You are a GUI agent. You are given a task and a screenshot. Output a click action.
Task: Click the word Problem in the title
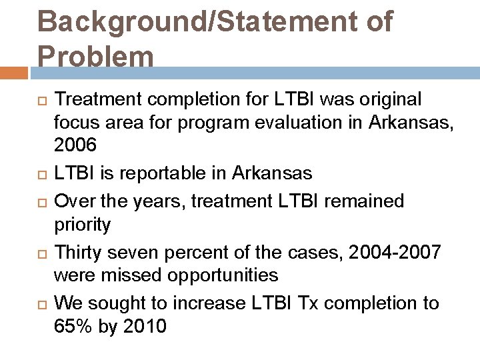pos(95,56)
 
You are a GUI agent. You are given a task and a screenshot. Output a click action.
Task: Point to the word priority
pos(82,225)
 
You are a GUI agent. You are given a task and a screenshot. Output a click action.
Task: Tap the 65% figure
pos(73,327)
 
